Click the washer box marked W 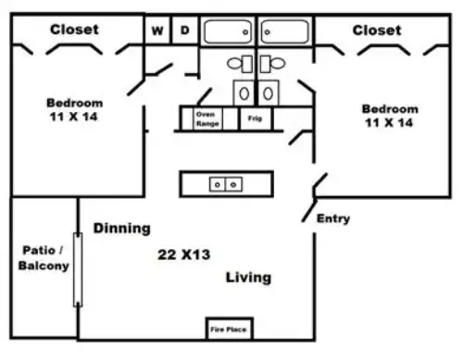pyautogui.click(x=157, y=31)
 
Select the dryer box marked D pyautogui.click(x=184, y=31)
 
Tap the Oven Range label pyautogui.click(x=207, y=118)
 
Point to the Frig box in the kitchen pyautogui.click(x=255, y=118)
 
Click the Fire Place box pyautogui.click(x=230, y=329)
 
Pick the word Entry pyautogui.click(x=333, y=218)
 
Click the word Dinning pyautogui.click(x=122, y=229)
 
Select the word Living pyautogui.click(x=248, y=278)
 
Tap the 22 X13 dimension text pyautogui.click(x=184, y=254)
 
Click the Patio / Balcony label pyautogui.click(x=44, y=258)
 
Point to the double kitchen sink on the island pyautogui.click(x=226, y=185)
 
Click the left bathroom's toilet pyautogui.click(x=240, y=64)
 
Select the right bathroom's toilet pyautogui.click(x=272, y=64)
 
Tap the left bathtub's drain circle pyautogui.click(x=245, y=32)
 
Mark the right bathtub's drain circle pyautogui.click(x=268, y=32)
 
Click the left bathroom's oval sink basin pyautogui.click(x=244, y=93)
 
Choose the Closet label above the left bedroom pyautogui.click(x=74, y=30)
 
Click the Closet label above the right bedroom pyautogui.click(x=377, y=31)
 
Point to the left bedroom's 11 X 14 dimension pyautogui.click(x=73, y=117)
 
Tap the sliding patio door pyautogui.click(x=78, y=269)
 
